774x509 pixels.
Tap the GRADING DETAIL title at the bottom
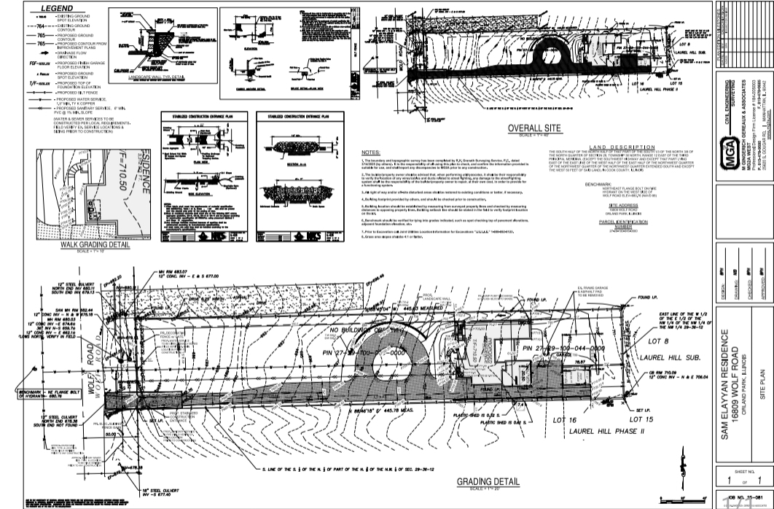pos(488,481)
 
